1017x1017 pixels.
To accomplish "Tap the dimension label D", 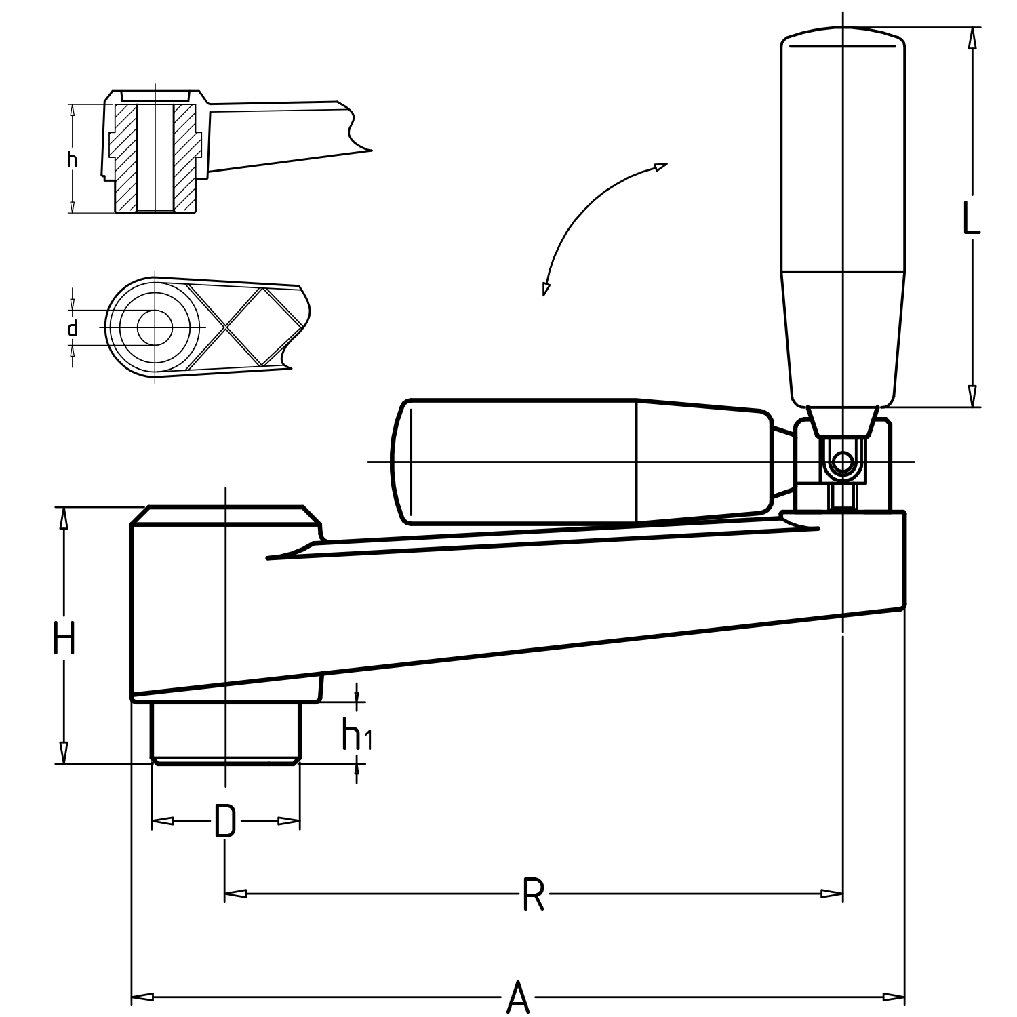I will click(x=225, y=821).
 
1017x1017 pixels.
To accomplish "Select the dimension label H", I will click(x=64, y=639).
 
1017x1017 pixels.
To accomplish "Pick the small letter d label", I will click(x=73, y=329).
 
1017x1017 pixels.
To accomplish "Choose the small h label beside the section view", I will click(x=73, y=160).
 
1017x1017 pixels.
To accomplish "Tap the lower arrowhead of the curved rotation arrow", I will click(x=545, y=288).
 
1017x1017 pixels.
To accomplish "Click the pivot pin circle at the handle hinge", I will click(x=842, y=463).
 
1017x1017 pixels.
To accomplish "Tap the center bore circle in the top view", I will click(x=155, y=327).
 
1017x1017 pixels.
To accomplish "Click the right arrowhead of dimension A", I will click(x=895, y=997).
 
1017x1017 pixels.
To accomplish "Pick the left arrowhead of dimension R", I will click(x=235, y=894).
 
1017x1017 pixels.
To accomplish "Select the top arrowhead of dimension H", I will click(x=64, y=518).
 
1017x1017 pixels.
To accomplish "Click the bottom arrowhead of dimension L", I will click(x=972, y=396).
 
